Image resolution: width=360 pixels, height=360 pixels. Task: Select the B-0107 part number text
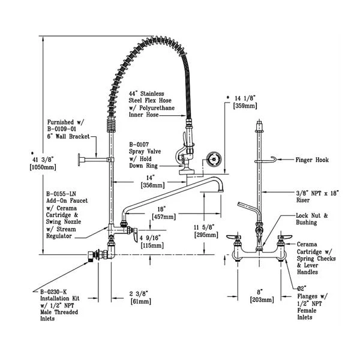[x=142, y=144]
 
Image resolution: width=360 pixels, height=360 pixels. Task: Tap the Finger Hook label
[x=312, y=160]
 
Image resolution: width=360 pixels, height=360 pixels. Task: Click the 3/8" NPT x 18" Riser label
[x=316, y=196]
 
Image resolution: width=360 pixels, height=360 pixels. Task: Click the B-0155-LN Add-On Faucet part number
[x=61, y=194]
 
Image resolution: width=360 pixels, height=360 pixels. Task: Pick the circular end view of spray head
[x=212, y=160]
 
